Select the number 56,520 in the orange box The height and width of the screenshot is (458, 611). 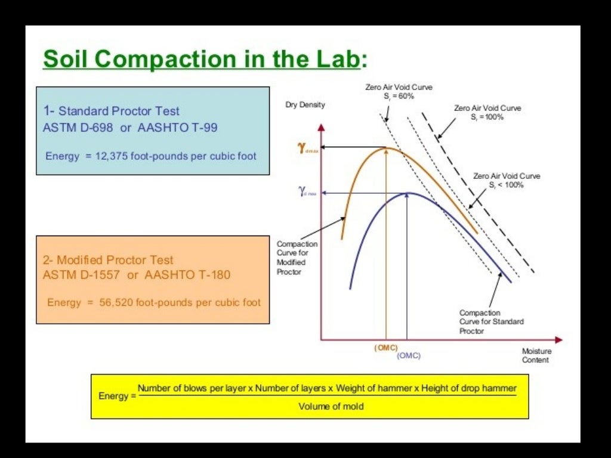118,302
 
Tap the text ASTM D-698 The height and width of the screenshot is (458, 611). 78,127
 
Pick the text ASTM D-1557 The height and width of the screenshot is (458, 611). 81,275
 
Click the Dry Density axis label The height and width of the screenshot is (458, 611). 305,105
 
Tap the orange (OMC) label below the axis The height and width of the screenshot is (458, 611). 386,348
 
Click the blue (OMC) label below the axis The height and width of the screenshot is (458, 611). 409,355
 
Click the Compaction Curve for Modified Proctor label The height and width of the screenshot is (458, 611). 297,258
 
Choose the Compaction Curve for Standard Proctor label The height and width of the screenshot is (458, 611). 491,321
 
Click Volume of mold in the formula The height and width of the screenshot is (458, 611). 327,407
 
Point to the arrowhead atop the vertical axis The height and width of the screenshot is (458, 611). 322,128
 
